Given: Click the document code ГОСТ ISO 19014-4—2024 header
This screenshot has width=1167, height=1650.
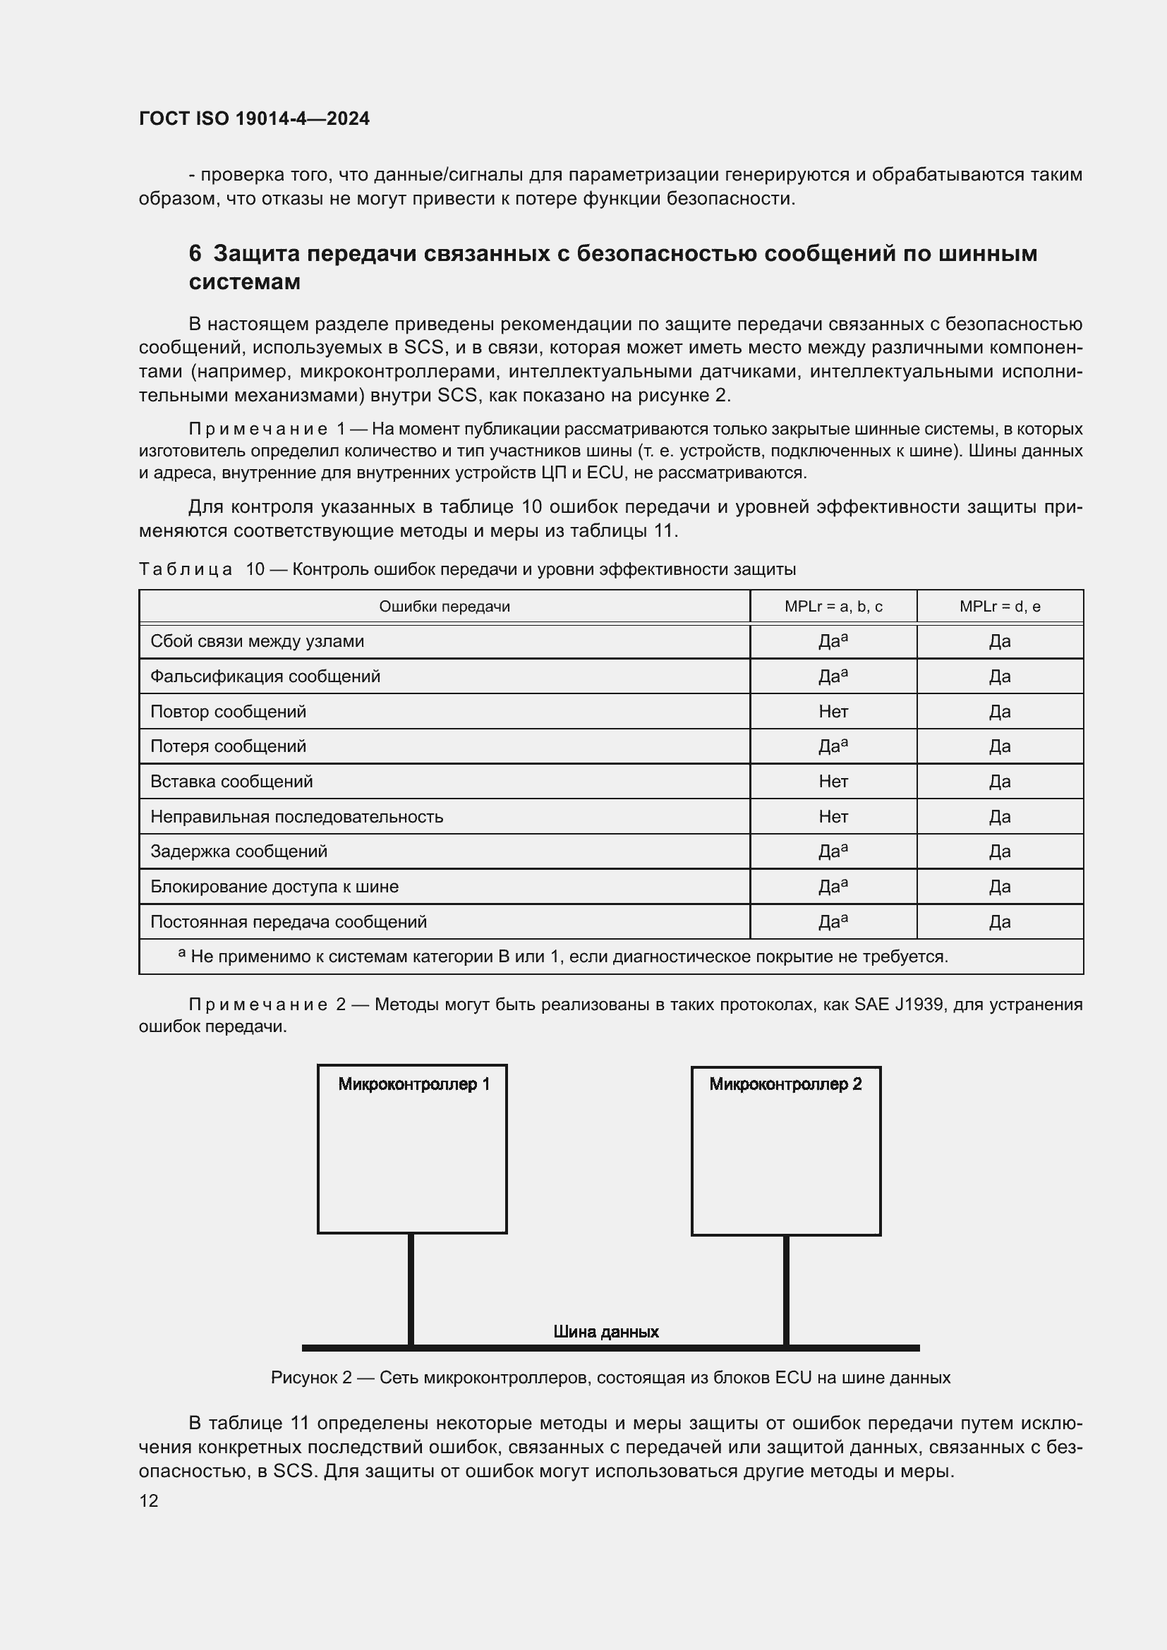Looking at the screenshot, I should [x=254, y=119].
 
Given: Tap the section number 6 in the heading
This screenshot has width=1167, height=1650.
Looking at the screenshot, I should [x=195, y=254].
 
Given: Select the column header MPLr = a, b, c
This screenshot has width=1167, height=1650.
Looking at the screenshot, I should [x=833, y=607].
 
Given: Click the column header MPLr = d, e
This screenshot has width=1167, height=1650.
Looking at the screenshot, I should [x=1000, y=607].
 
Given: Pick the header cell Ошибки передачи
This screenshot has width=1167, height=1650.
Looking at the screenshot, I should [x=444, y=607].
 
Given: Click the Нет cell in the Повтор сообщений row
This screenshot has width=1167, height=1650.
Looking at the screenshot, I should [x=833, y=712].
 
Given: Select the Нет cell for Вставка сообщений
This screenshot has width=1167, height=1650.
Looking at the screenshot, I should [x=833, y=781].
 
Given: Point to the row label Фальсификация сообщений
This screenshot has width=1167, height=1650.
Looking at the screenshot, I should [x=265, y=677].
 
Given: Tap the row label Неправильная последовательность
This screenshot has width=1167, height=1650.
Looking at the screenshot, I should [x=296, y=816].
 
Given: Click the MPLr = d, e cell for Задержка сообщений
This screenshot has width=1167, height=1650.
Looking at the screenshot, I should [x=1000, y=851].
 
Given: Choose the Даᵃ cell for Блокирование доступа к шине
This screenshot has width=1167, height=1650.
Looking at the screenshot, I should [x=833, y=886].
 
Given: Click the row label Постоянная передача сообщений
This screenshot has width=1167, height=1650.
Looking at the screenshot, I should [x=288, y=921].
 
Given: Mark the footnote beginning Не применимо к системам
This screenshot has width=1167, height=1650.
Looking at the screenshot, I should [x=568, y=957].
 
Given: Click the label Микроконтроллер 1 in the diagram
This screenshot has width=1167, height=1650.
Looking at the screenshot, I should [x=414, y=1084].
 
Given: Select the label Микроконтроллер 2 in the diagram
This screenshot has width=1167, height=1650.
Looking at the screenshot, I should [x=785, y=1084].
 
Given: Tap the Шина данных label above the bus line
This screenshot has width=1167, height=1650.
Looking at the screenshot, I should [x=606, y=1332].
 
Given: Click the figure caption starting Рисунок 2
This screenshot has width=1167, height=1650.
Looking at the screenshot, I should [x=610, y=1378].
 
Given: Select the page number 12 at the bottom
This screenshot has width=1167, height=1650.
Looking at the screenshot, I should [x=149, y=1500].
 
